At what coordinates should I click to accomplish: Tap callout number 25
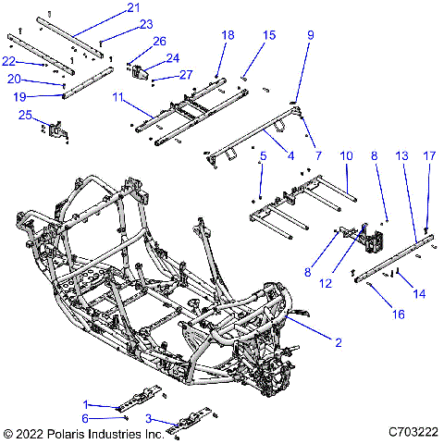(x=26, y=115)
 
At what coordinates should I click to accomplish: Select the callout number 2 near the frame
(x=339, y=342)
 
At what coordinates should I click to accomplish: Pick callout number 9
(x=311, y=35)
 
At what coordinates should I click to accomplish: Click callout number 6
(x=112, y=418)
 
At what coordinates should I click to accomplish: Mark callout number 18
(x=228, y=34)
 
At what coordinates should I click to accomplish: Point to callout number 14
(x=420, y=293)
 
